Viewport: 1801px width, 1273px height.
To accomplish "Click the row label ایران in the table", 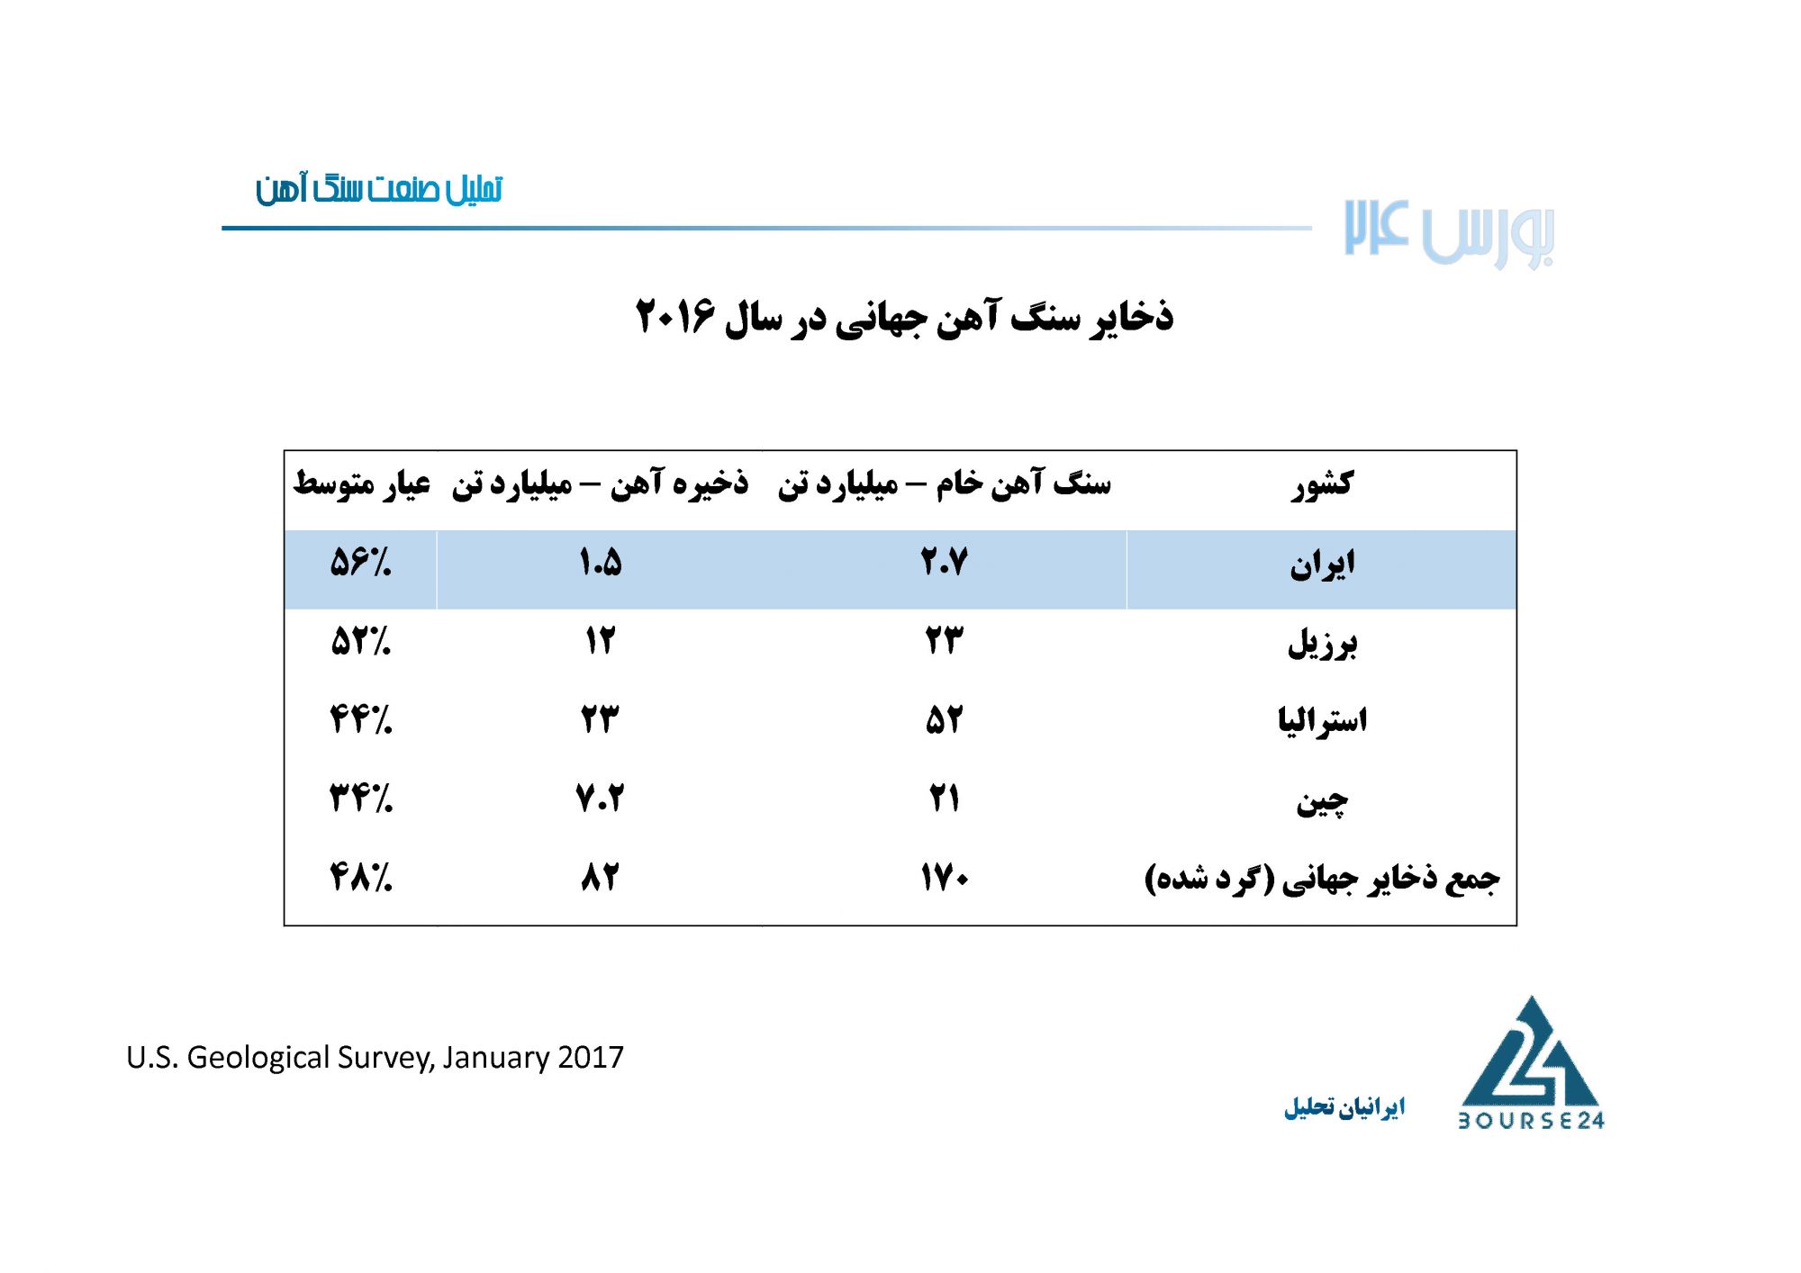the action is pos(1322,565).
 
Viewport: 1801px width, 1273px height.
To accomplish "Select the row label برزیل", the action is pos(1322,644).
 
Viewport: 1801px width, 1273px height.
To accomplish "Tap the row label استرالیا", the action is pos(1322,721).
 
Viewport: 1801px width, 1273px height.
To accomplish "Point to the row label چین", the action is pos(1322,800).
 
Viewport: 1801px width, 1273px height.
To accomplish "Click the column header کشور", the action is pos(1322,484).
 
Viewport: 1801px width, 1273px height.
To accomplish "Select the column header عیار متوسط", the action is pos(362,484).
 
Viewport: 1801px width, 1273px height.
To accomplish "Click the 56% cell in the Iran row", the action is pos(361,563).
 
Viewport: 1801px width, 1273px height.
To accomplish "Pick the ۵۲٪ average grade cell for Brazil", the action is pos(361,642).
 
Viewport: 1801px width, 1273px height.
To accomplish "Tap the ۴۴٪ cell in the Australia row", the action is pos(361,720).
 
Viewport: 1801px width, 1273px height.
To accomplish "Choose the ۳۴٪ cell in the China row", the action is pos(361,799).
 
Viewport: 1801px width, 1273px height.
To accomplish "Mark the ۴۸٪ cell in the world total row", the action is pos(361,877).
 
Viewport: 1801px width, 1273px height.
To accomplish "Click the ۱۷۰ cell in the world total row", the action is pos(945,877).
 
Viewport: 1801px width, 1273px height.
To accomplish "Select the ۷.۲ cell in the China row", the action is pos(600,799).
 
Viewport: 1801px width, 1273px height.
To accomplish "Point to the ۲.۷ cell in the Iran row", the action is pos(945,563).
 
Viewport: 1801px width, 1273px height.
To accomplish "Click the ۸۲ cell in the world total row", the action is pos(600,877).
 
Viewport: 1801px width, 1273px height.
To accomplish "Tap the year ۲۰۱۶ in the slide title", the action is pos(675,316).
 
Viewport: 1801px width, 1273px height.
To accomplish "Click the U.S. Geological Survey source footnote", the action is pos(375,1057).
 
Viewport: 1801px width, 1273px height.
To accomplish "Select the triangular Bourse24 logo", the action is pos(1531,1062).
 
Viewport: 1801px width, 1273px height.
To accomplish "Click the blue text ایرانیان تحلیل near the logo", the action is pos(1344,1106).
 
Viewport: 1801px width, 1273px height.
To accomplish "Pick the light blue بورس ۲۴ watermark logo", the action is pos(1449,233).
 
